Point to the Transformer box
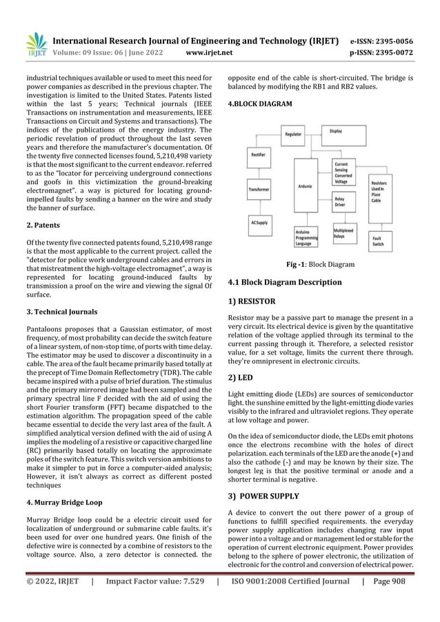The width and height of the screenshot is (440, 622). click(259, 188)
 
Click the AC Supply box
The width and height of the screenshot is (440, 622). click(259, 222)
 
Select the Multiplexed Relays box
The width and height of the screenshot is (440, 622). click(345, 232)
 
